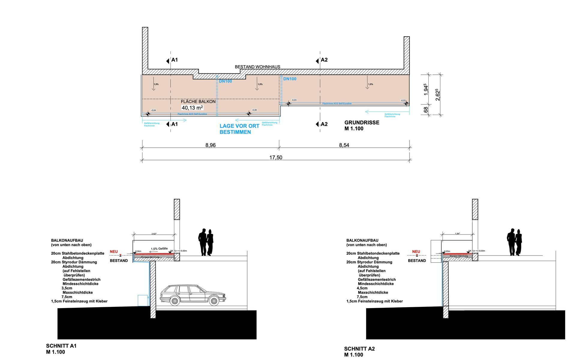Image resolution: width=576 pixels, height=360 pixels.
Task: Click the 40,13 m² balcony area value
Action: [192, 108]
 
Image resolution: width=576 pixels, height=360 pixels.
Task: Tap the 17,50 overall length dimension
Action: [275, 157]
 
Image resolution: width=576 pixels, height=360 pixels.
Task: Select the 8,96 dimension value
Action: [210, 145]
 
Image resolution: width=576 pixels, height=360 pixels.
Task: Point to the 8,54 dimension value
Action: [344, 145]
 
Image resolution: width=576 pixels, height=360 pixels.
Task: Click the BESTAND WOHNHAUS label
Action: [257, 67]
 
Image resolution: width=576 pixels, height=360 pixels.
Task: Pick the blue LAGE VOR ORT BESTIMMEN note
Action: [235, 129]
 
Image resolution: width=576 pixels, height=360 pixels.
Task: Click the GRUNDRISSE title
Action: [361, 123]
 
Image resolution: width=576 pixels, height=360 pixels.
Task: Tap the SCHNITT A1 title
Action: [61, 346]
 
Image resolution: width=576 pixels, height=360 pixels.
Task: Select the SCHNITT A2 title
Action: [359, 349]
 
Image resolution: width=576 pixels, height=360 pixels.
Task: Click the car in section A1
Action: [193, 295]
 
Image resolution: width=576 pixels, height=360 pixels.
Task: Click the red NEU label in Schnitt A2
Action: [416, 252]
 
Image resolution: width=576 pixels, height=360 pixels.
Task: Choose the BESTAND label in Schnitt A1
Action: [119, 261]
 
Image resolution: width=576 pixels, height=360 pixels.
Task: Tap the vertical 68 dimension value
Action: [426, 110]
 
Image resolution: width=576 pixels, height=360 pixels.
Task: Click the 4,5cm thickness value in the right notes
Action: [362, 288]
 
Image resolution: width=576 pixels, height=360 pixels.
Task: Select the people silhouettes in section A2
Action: [514, 242]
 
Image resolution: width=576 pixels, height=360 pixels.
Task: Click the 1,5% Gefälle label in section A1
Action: [159, 249]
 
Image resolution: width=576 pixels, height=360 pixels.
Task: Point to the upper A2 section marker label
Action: [324, 60]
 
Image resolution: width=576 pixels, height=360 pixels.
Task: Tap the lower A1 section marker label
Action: [174, 124]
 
